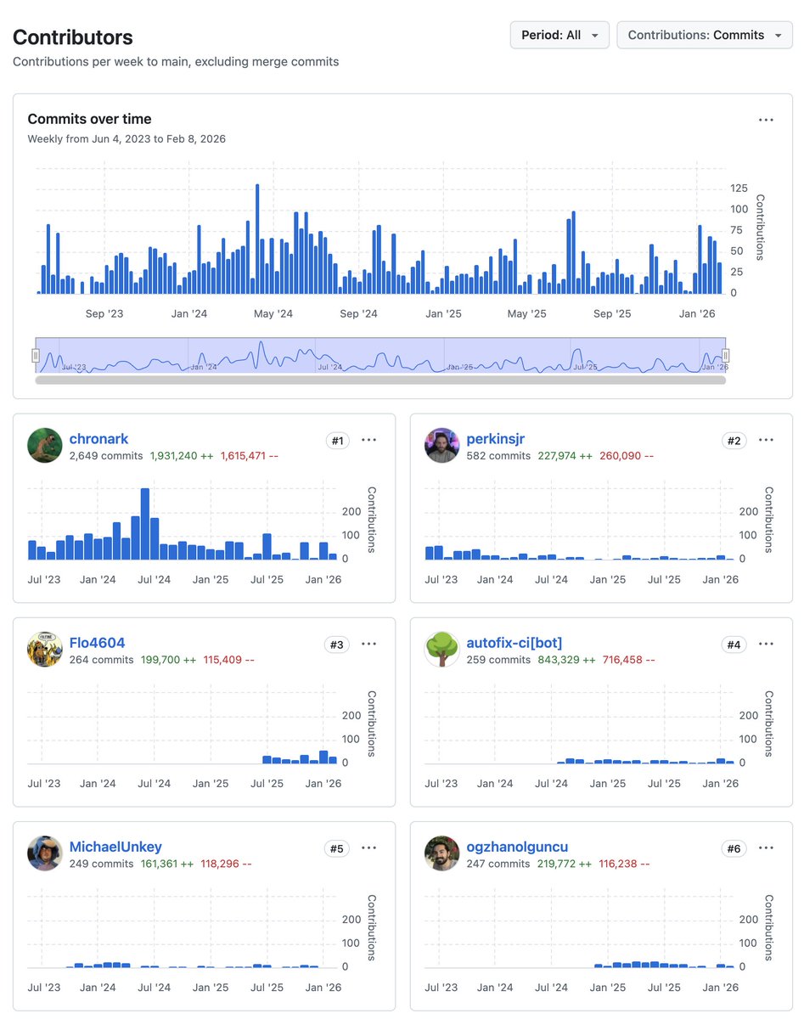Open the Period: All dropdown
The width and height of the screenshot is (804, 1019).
(559, 35)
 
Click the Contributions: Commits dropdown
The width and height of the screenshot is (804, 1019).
(704, 35)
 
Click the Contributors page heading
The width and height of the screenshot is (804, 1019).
(73, 37)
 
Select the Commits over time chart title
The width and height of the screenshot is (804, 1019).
(89, 119)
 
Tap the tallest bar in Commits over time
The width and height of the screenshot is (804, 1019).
(257, 239)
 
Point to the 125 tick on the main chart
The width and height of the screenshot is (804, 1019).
(739, 189)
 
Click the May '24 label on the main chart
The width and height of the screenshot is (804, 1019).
(273, 314)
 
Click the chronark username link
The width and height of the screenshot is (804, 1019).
(98, 439)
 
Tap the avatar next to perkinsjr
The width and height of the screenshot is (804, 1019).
(441, 446)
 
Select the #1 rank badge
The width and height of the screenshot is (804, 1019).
(337, 440)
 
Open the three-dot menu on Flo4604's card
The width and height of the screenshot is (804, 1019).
(368, 644)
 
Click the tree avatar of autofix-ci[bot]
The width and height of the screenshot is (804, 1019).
(441, 650)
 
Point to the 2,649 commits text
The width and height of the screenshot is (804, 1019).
(105, 456)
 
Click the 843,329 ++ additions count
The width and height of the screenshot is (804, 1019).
(565, 660)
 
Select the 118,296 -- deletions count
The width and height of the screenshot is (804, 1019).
(226, 864)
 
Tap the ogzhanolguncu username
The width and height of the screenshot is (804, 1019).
(517, 847)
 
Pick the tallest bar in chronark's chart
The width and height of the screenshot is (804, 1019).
(145, 523)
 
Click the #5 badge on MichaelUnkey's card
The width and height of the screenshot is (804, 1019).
(337, 847)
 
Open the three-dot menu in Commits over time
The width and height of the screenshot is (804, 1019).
(766, 120)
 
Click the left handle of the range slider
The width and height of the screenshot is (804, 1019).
(37, 355)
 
